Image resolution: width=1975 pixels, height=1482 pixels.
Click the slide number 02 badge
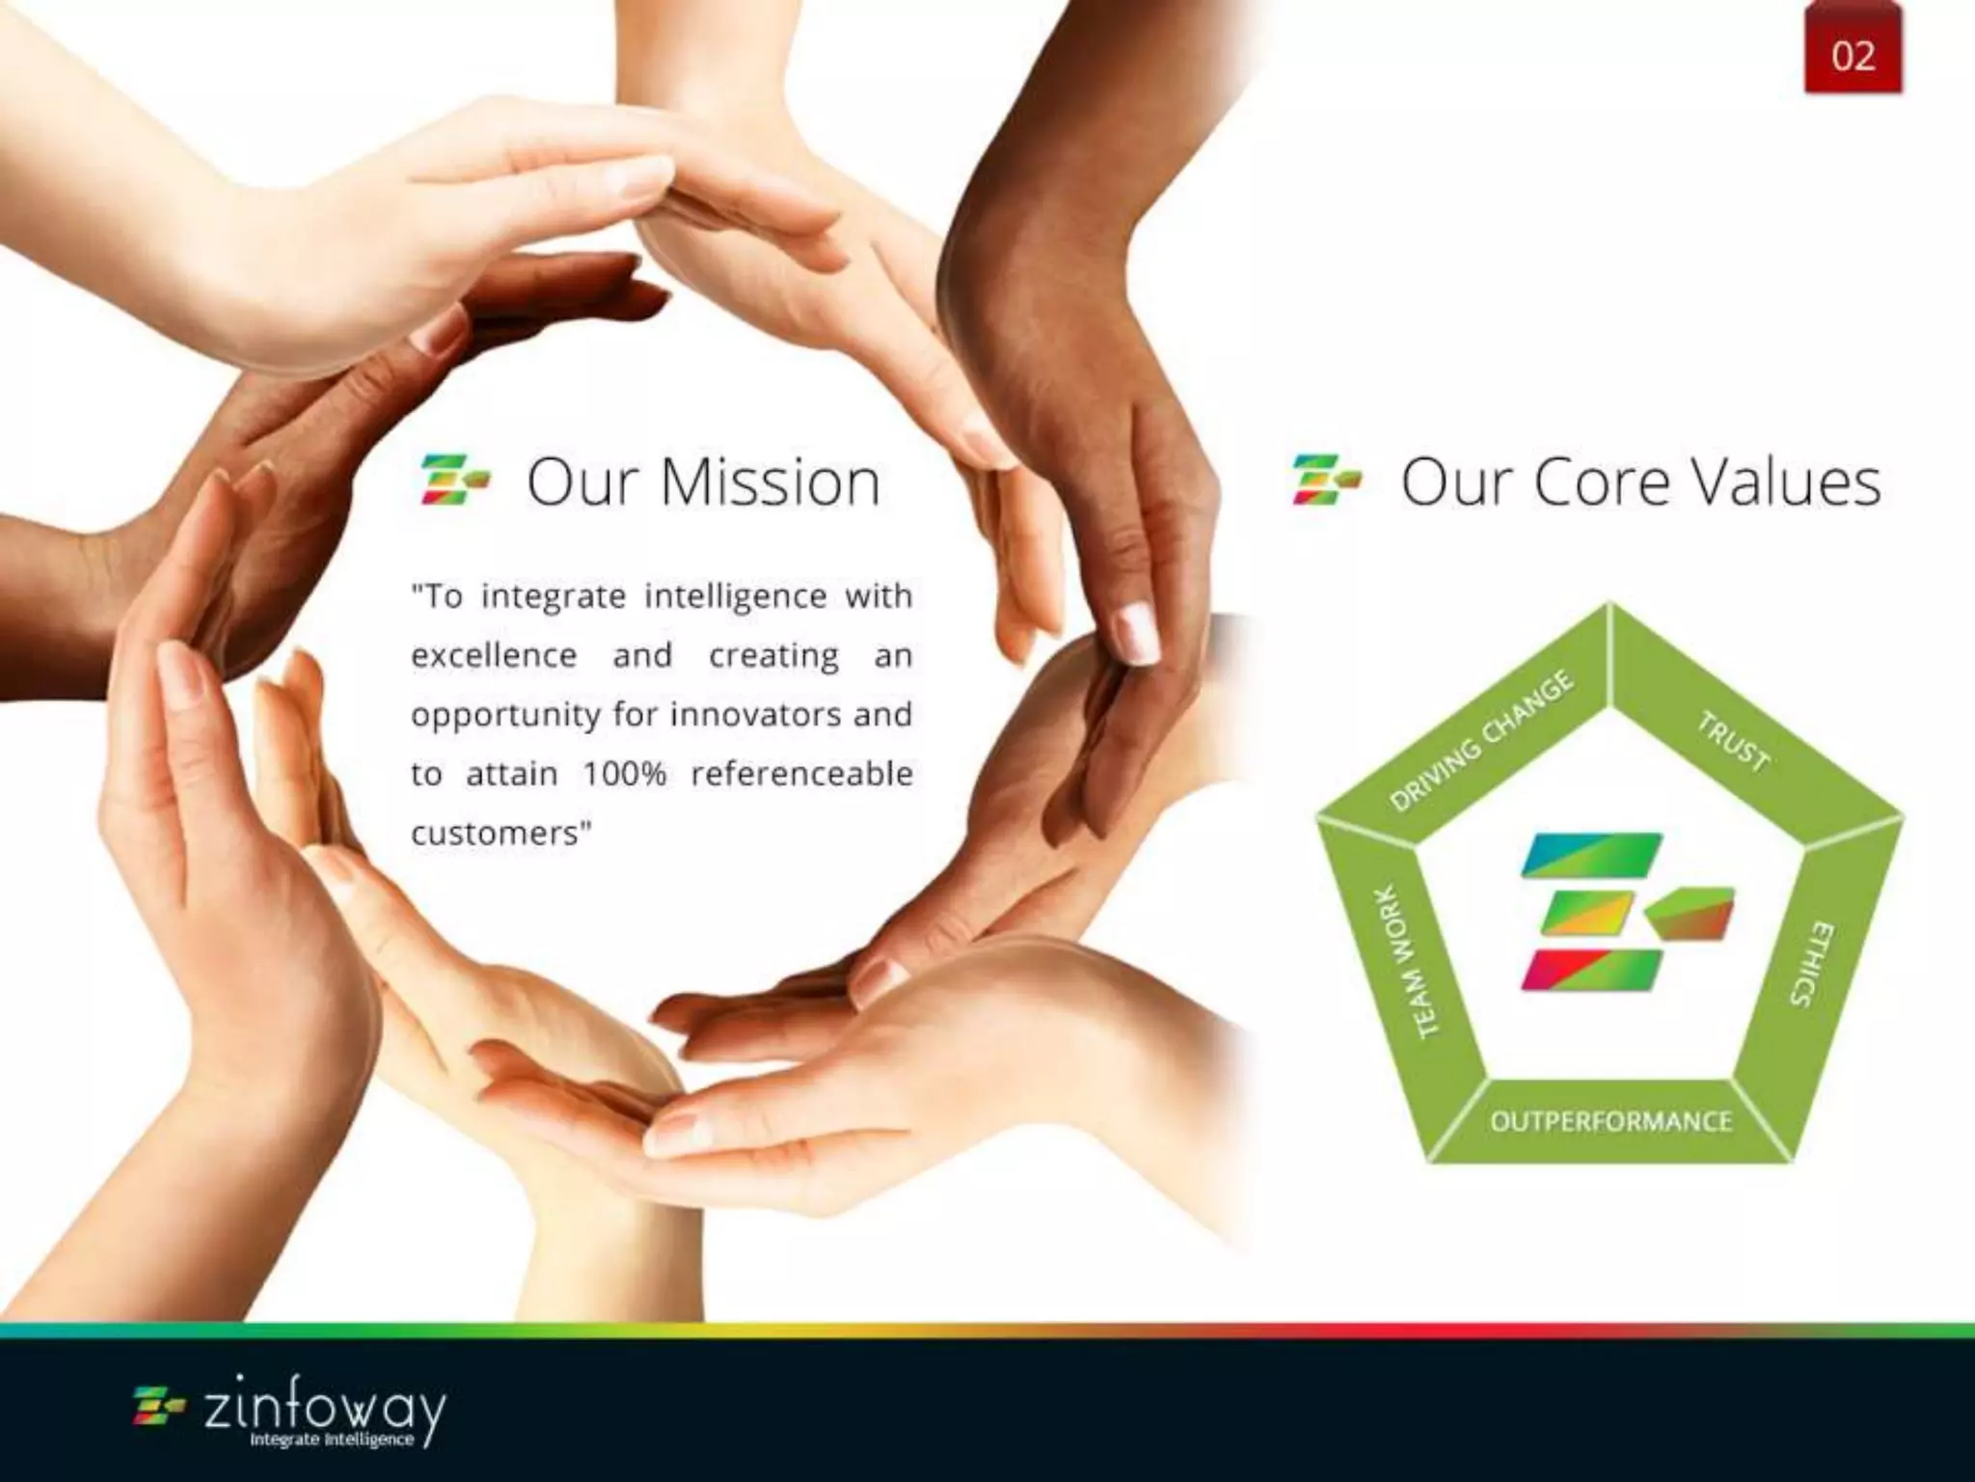click(1853, 55)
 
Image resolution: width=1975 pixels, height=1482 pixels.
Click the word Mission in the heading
click(771, 481)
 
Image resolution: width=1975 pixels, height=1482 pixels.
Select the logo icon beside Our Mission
click(454, 480)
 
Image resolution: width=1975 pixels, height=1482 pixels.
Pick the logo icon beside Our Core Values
click(1327, 480)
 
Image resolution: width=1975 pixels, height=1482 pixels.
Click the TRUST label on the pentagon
click(1733, 741)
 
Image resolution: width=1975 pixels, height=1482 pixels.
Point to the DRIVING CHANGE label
click(1482, 740)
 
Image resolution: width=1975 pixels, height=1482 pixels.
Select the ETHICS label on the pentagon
click(1812, 963)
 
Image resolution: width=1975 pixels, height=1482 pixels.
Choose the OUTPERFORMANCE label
click(1610, 1121)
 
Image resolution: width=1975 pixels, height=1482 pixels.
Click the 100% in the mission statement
click(624, 774)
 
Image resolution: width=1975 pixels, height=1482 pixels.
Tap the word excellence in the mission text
click(494, 656)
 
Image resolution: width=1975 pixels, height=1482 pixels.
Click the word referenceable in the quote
click(801, 774)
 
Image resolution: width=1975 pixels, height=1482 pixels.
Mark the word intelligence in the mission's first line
click(735, 596)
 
